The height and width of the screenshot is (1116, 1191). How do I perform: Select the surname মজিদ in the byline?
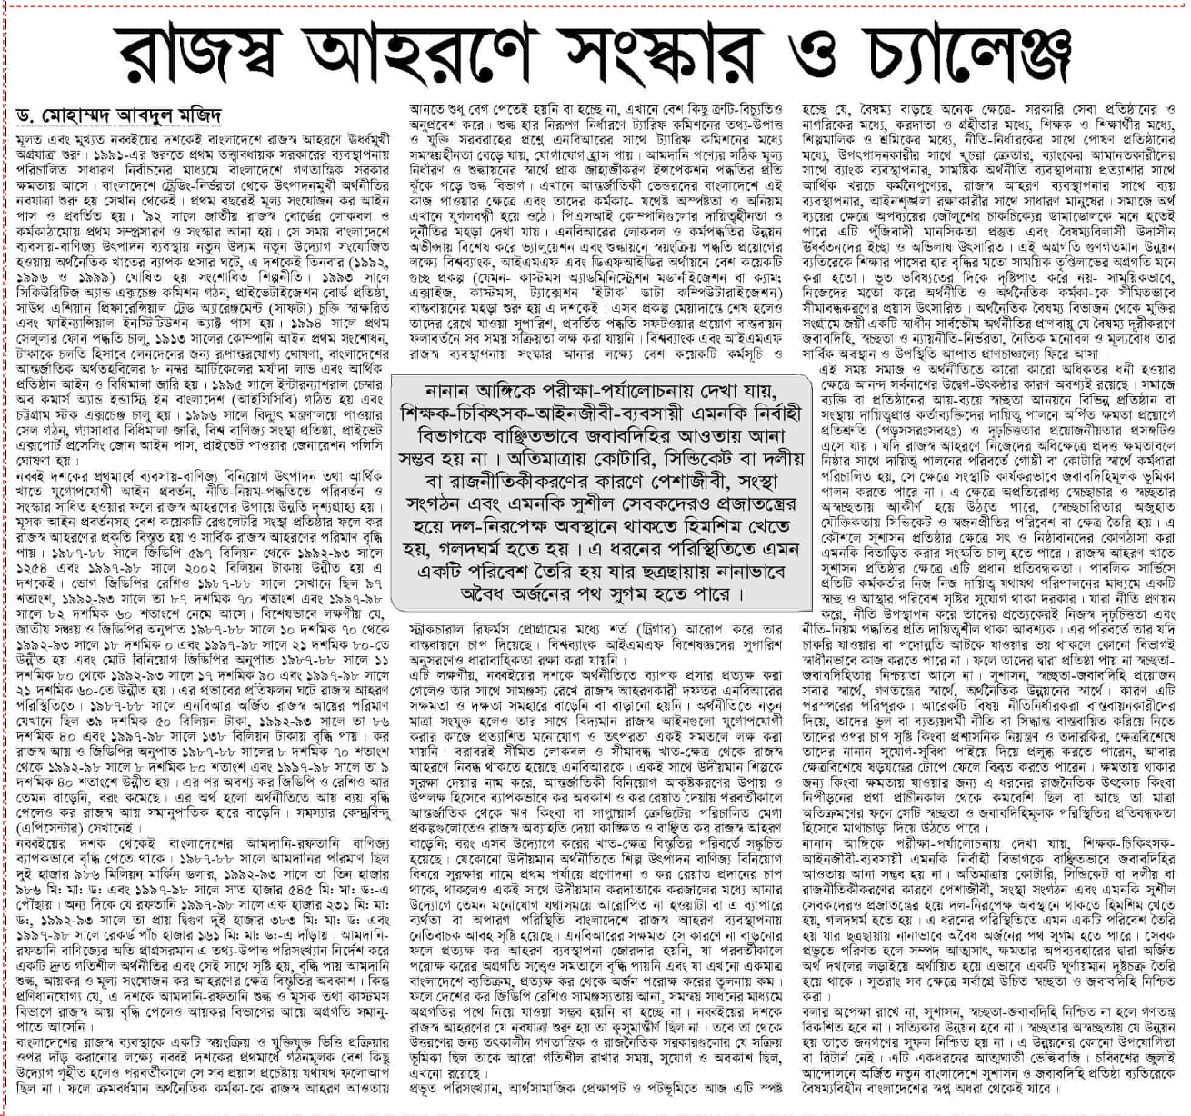click(x=197, y=117)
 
